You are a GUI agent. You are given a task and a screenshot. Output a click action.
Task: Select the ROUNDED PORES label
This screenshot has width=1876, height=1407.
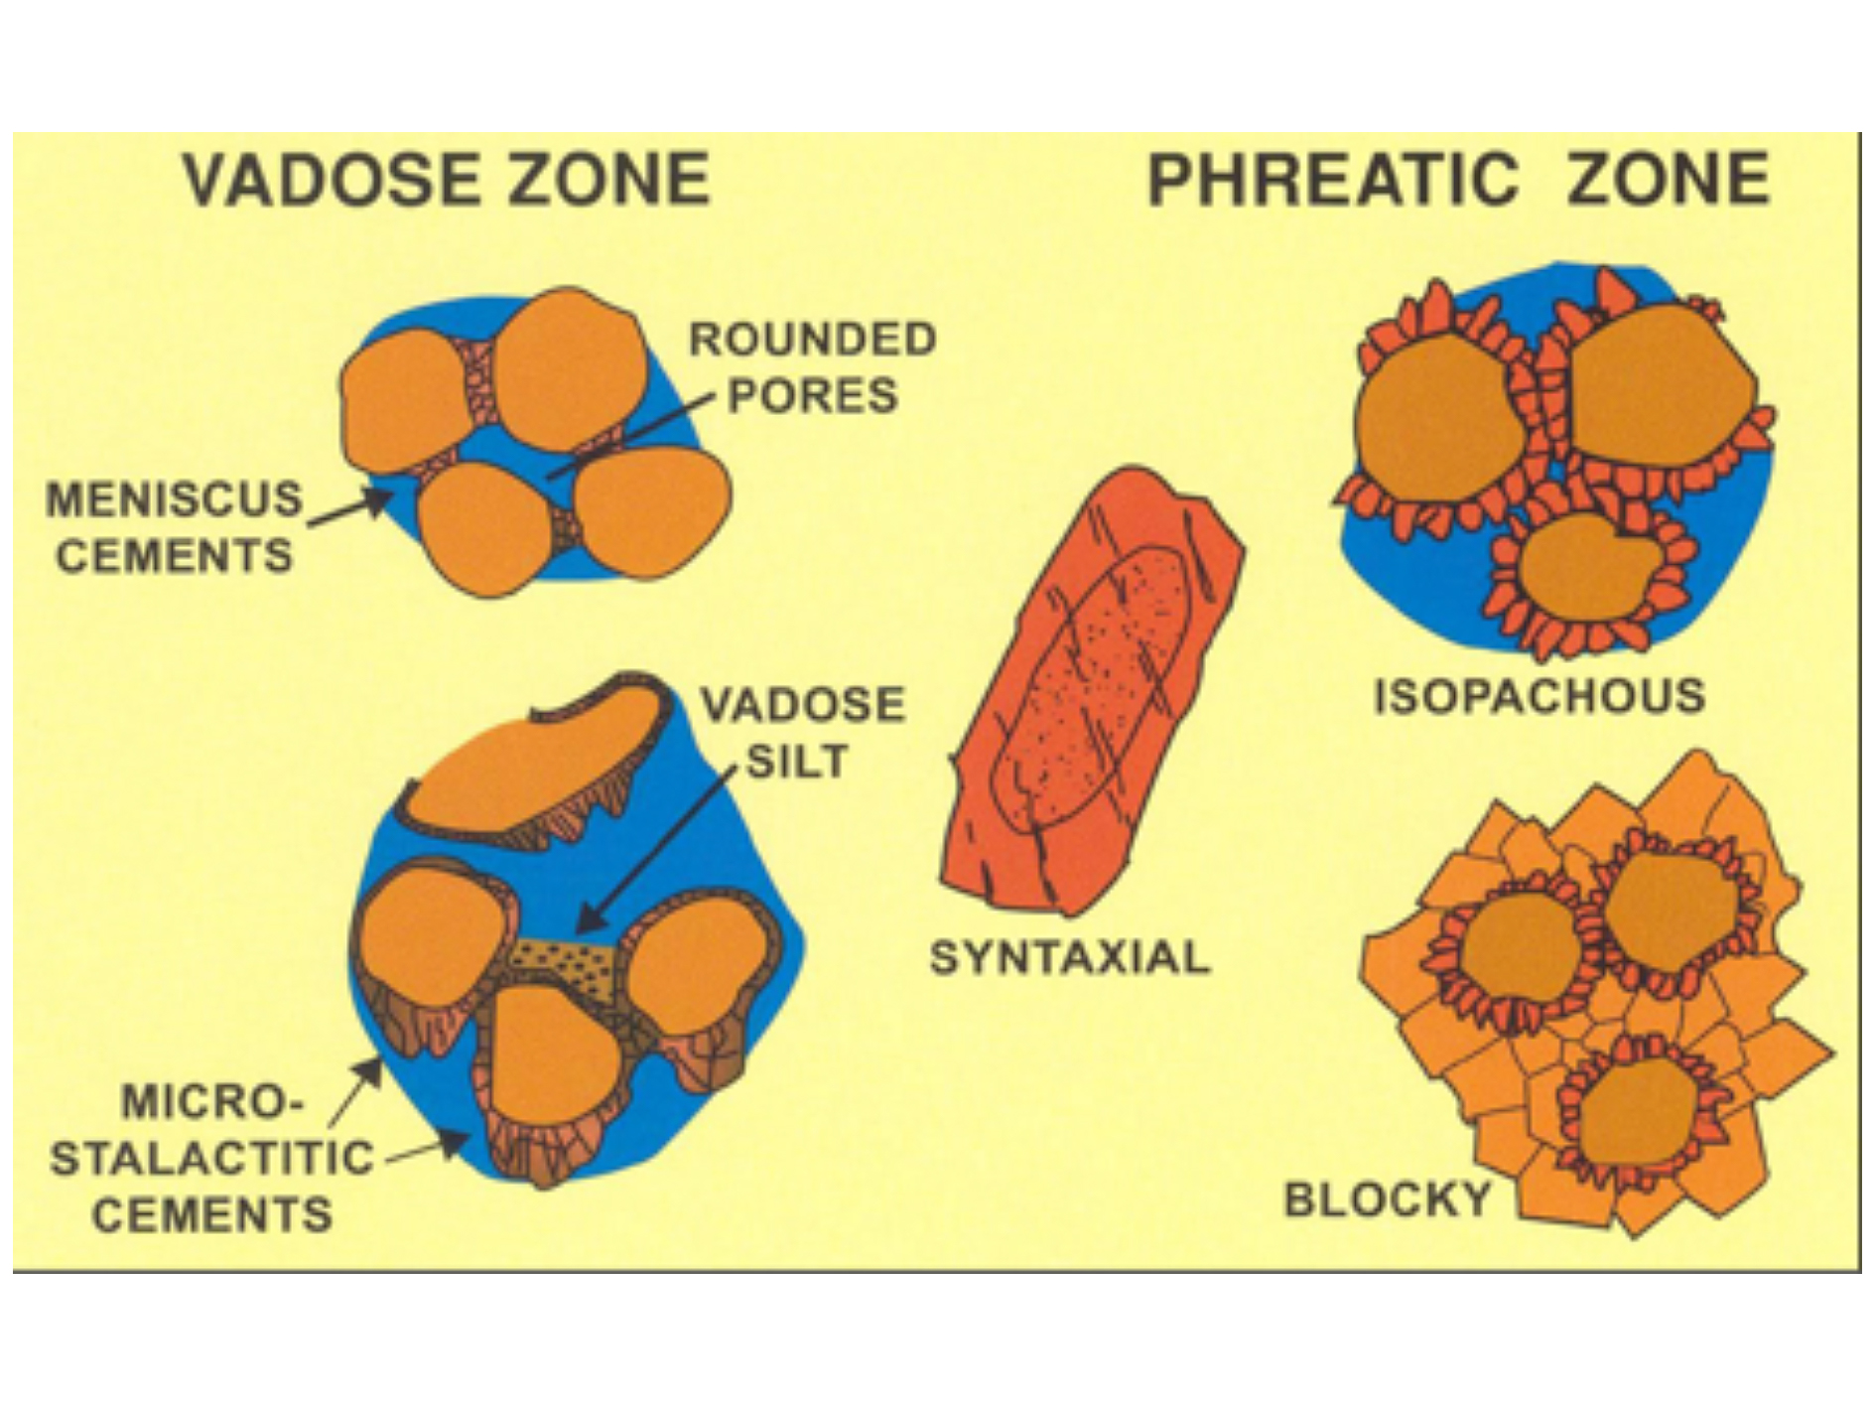(x=813, y=367)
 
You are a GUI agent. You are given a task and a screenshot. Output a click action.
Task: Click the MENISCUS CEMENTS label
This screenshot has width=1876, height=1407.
(x=175, y=526)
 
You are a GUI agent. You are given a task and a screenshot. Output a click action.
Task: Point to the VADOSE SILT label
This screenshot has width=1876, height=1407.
(x=803, y=733)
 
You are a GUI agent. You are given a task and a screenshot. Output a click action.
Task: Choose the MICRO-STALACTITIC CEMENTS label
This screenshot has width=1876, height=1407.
(x=211, y=1159)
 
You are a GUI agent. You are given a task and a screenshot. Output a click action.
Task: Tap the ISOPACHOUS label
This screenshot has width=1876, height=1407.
(x=1540, y=696)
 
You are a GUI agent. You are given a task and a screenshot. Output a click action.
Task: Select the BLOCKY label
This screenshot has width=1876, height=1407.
(x=1388, y=1199)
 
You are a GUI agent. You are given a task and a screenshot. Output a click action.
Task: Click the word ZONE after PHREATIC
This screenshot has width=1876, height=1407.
(x=1668, y=180)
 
